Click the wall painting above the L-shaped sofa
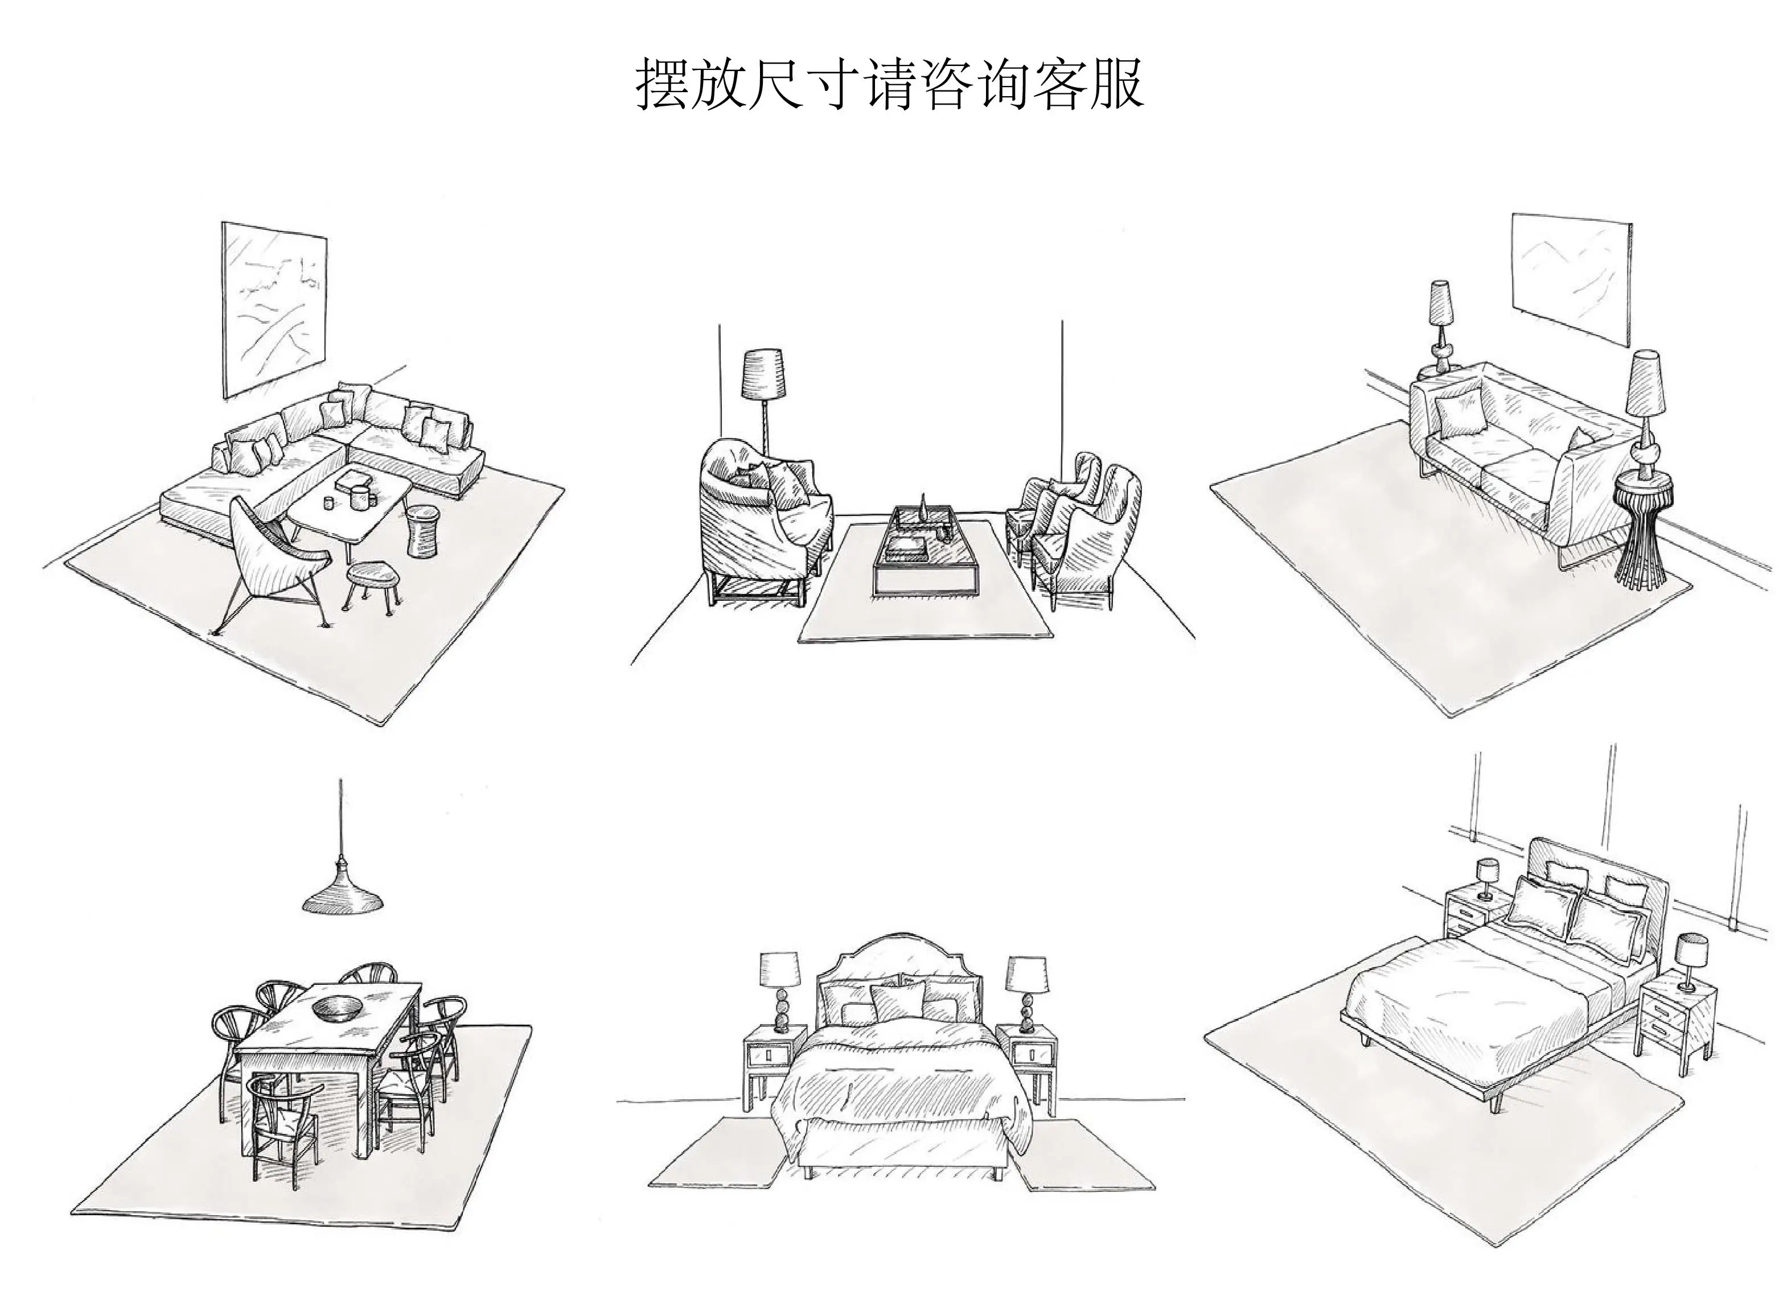(273, 310)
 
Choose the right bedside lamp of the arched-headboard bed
(1028, 992)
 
